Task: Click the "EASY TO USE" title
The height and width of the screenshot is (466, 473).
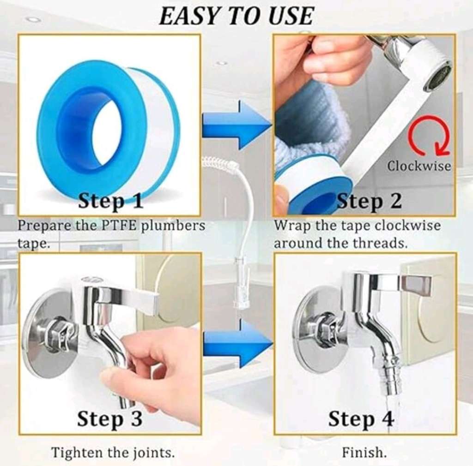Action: coord(236,16)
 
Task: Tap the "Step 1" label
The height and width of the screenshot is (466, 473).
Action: coord(110,201)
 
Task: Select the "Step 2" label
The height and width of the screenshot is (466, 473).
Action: coord(369,201)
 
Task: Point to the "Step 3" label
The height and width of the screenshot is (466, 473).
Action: coord(109,418)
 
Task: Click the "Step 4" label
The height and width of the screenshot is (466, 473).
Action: coord(361,419)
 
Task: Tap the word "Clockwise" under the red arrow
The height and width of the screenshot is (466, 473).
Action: coord(419,166)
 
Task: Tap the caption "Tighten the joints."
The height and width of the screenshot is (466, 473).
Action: coord(113,452)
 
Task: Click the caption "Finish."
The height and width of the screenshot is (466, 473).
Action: coord(364,452)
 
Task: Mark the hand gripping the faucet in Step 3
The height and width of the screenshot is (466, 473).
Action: coord(157,369)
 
